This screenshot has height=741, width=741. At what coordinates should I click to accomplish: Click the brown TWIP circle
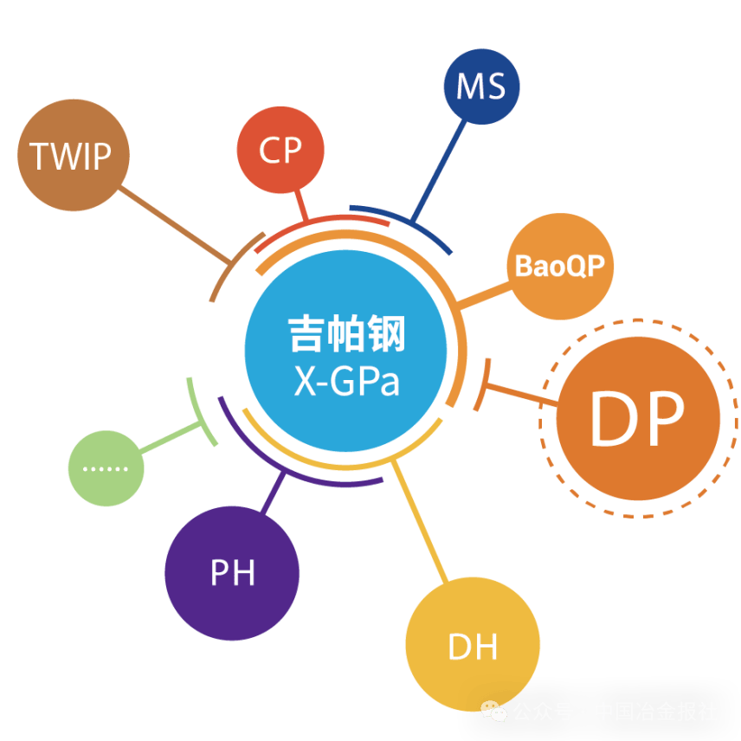(73, 155)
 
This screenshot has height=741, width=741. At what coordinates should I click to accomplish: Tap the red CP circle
(280, 150)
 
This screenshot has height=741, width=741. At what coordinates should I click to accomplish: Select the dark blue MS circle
(481, 87)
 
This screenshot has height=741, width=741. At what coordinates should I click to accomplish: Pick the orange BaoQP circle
(559, 266)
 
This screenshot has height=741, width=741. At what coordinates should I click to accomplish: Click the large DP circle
(638, 418)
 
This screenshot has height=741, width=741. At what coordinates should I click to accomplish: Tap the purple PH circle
(232, 572)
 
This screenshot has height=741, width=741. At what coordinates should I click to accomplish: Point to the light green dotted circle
(106, 468)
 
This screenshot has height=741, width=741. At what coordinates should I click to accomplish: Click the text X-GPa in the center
(346, 382)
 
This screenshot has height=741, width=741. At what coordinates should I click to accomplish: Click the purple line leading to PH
(272, 499)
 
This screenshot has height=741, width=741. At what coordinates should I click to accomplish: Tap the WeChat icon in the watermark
(495, 712)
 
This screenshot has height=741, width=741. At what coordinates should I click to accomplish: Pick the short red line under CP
(302, 207)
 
